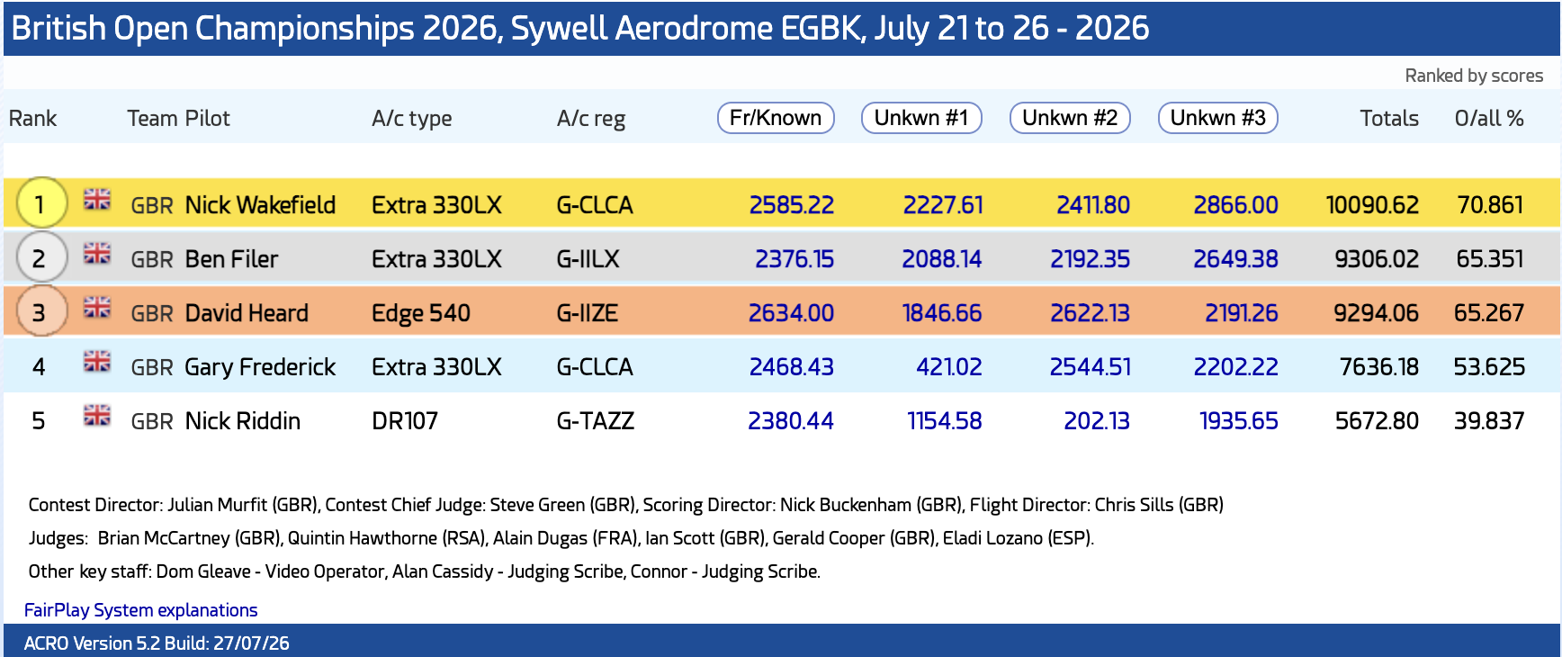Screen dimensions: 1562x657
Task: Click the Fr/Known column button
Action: point(776,118)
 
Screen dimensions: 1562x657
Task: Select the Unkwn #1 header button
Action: point(921,118)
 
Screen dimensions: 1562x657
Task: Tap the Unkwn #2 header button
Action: point(1070,118)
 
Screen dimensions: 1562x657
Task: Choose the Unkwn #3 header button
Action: point(1218,118)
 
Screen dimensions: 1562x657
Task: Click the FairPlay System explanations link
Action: point(140,610)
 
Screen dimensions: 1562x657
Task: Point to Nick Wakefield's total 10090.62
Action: point(1372,205)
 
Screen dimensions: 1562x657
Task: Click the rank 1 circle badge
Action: point(40,203)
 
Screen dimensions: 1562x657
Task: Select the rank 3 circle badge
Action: point(40,311)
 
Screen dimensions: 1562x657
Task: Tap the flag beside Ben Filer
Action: point(97,254)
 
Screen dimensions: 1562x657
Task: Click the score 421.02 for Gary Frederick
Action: point(948,367)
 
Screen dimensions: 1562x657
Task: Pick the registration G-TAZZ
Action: point(596,421)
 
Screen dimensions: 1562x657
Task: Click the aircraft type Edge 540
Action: point(421,313)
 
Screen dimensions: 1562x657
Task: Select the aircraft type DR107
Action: point(405,421)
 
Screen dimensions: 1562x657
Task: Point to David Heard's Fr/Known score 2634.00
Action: point(791,313)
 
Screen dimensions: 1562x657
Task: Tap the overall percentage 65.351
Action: point(1490,259)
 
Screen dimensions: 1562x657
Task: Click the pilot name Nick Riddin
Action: point(243,421)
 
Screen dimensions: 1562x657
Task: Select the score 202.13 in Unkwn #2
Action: point(1097,421)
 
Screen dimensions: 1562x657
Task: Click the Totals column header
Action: point(1389,118)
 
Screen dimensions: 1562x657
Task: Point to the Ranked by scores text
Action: point(1474,76)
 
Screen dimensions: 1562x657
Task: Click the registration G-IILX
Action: point(588,259)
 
